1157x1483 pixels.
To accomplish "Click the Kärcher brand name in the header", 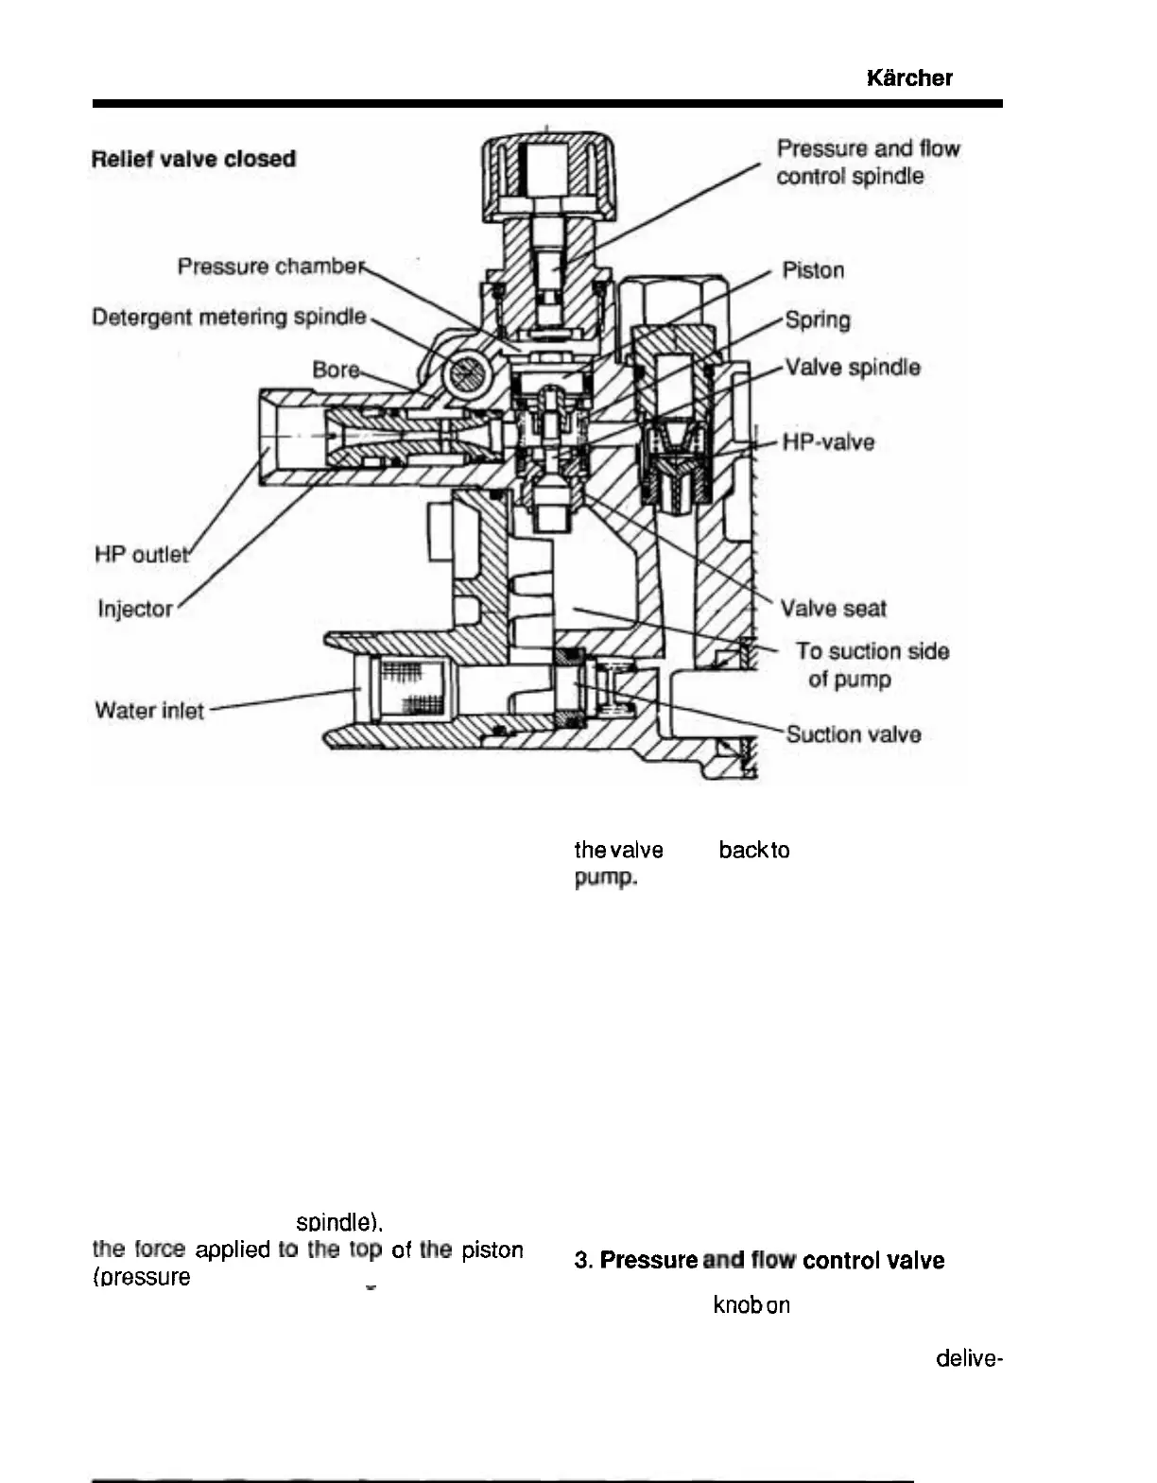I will (x=908, y=78).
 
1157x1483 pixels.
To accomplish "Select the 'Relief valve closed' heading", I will (x=194, y=159).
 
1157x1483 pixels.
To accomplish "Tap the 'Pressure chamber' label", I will (x=270, y=267).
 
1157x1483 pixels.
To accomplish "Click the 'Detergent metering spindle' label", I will (x=229, y=317).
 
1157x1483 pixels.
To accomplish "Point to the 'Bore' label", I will (x=336, y=369).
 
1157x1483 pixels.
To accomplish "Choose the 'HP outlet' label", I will (x=142, y=554).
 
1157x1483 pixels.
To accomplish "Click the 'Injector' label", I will (x=135, y=609).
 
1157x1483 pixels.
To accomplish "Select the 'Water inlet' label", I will (x=149, y=710).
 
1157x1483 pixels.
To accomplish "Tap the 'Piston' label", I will (x=813, y=270).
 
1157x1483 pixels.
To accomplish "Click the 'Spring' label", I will (x=818, y=319).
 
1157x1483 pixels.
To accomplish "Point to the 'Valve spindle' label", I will (x=853, y=367).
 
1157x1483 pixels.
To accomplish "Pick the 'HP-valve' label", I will (x=828, y=441).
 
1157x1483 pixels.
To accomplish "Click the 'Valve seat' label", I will (x=833, y=608).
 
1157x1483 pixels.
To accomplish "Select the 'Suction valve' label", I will (x=854, y=734).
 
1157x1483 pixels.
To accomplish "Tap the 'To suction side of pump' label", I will (x=872, y=664).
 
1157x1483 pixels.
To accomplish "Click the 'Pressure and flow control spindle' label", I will (x=867, y=162).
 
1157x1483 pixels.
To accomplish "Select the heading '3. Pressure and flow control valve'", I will (x=759, y=1260).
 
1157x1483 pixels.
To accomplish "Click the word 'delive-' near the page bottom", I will (x=969, y=1358).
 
